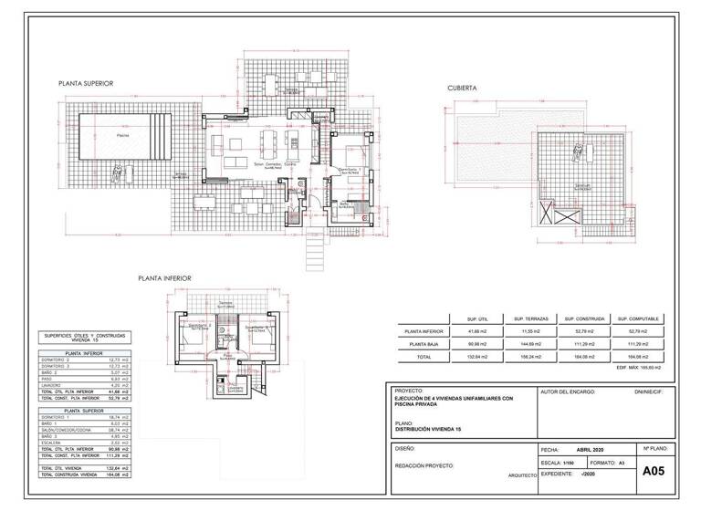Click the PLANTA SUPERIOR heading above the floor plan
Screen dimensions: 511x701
click(x=85, y=83)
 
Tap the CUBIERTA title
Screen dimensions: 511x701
click(x=462, y=89)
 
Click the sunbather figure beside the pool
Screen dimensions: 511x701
click(x=116, y=171)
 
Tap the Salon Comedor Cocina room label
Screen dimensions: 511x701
click(x=276, y=164)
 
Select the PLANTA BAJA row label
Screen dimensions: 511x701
click(x=424, y=343)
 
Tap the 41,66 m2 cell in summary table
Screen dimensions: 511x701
click(x=478, y=330)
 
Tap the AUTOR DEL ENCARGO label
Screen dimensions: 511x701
click(x=568, y=391)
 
